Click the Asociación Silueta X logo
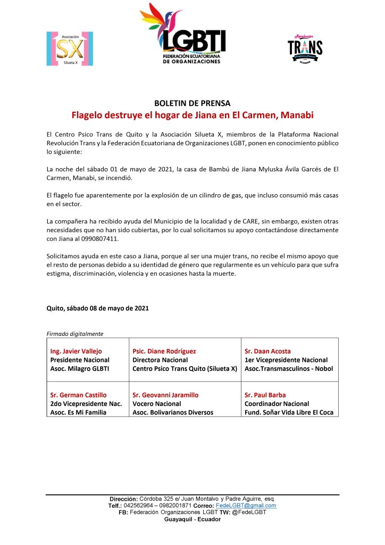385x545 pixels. [x=70, y=48]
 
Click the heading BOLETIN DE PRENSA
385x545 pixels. [x=192, y=103]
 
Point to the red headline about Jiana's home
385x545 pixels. [x=192, y=115]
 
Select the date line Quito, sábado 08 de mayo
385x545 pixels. [x=98, y=308]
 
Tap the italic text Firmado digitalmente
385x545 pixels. [x=75, y=334]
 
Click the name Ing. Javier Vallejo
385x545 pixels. [x=76, y=351]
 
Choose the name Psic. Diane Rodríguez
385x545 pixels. [x=164, y=351]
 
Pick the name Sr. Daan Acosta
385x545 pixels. [x=267, y=351]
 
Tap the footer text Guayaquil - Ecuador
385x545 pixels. [x=192, y=519]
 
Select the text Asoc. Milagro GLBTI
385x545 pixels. [x=80, y=368]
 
